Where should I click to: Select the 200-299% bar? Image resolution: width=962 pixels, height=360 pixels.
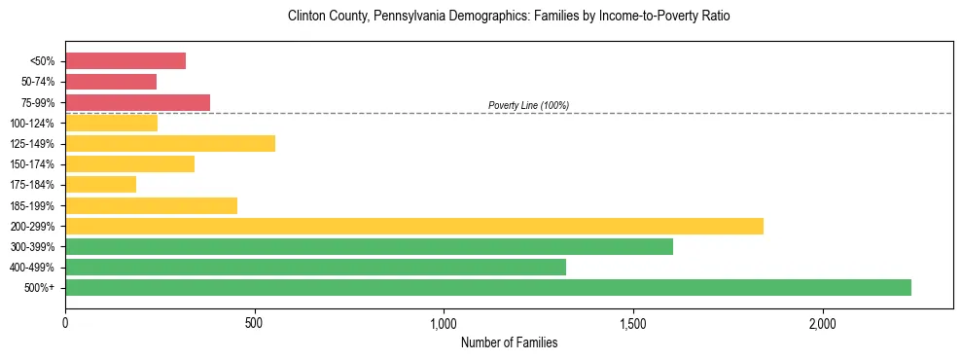414,226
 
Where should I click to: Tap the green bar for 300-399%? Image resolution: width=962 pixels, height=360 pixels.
369,246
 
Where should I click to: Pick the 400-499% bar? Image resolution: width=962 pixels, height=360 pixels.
315,267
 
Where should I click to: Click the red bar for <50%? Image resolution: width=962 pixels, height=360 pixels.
125,61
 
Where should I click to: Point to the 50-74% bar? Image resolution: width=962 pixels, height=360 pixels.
111,82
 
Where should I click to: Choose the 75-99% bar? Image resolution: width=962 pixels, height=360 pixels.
137,102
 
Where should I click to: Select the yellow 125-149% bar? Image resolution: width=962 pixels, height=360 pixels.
170,143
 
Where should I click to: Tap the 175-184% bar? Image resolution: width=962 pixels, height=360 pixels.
100,184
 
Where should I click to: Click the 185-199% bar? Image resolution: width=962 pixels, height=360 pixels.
151,205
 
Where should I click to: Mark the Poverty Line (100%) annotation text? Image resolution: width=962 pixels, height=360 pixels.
528,105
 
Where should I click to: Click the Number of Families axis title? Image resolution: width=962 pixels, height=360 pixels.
509,342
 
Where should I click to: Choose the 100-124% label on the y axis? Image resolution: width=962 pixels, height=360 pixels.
32,124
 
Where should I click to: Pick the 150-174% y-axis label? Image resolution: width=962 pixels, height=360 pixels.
32,164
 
